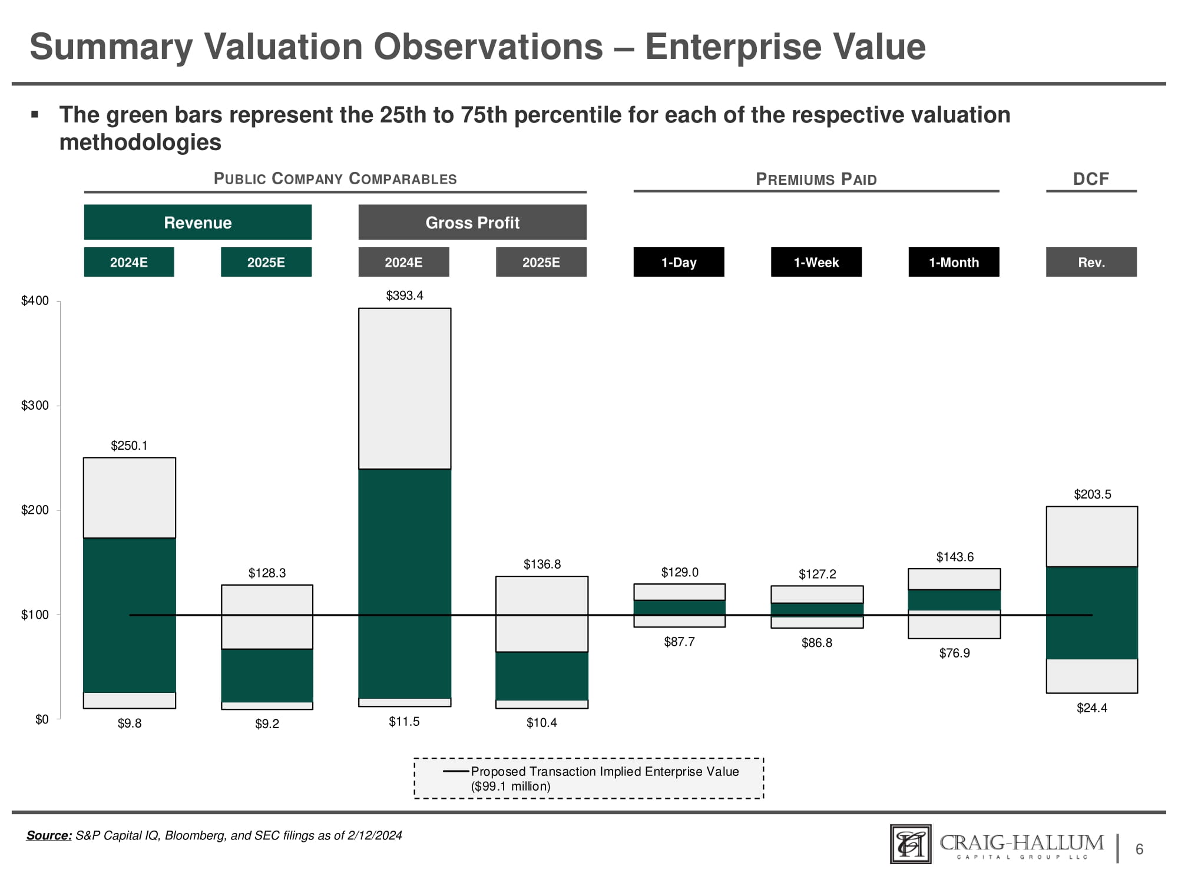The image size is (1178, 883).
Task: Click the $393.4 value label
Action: (x=405, y=296)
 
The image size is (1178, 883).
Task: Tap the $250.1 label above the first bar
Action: (x=129, y=446)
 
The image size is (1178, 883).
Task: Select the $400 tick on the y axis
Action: (x=35, y=301)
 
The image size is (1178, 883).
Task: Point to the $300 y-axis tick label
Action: (x=35, y=406)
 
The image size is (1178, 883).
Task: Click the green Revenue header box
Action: (x=197, y=223)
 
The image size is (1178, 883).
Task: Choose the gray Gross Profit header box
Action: (x=472, y=223)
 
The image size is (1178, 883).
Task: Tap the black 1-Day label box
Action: (x=679, y=262)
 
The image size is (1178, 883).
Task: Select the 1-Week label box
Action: (x=816, y=262)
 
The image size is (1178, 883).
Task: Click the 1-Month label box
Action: (x=954, y=262)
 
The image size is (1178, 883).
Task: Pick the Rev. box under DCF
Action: (x=1091, y=262)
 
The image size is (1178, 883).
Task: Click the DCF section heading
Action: (x=1091, y=179)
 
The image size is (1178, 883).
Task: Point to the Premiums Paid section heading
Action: (x=816, y=179)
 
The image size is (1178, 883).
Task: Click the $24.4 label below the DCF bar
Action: (x=1092, y=708)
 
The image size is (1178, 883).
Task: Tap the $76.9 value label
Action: (x=954, y=653)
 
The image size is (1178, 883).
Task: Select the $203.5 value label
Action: (x=1093, y=494)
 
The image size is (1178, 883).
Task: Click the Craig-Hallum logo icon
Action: (x=911, y=844)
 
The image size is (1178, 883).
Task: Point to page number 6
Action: (x=1139, y=849)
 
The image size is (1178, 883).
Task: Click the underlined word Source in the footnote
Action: (x=49, y=835)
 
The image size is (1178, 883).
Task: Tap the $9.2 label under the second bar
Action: (x=267, y=724)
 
